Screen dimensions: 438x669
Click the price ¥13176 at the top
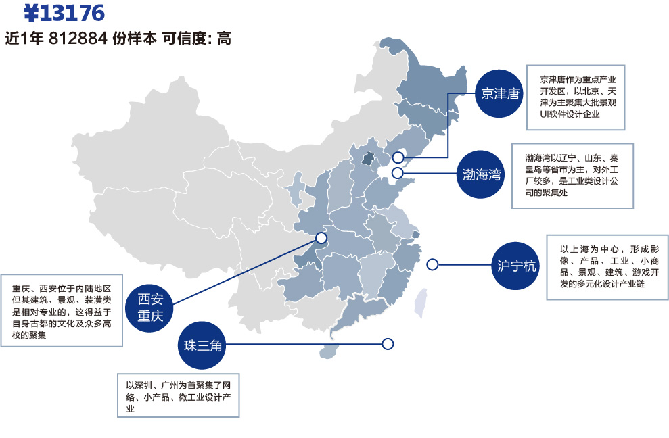(x=64, y=12)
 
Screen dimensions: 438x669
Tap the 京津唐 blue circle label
(x=500, y=93)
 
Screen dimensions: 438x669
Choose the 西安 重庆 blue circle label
(x=150, y=308)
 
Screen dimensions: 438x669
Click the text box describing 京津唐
(x=576, y=97)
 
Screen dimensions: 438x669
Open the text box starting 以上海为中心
(x=607, y=267)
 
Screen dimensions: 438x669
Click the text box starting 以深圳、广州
(x=178, y=397)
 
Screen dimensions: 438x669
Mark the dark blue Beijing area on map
(x=367, y=159)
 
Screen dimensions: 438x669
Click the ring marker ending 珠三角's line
(x=388, y=344)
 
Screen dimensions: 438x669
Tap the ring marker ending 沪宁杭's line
(x=432, y=264)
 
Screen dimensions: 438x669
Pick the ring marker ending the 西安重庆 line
(x=321, y=238)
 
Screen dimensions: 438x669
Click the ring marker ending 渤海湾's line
(x=398, y=173)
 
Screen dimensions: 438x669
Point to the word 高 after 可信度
(x=224, y=39)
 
